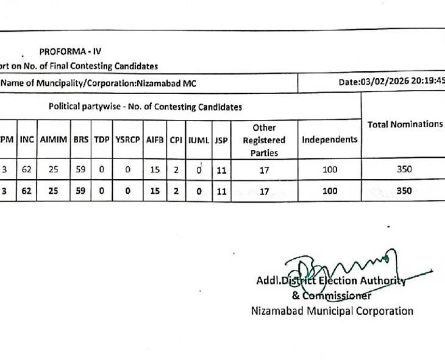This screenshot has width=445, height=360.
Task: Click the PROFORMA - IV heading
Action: (x=71, y=52)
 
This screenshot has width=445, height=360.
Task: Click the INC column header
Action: (x=26, y=139)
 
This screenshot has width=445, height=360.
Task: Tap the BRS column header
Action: (x=81, y=139)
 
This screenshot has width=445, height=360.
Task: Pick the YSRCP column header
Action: (x=127, y=139)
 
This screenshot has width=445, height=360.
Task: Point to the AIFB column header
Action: (x=155, y=139)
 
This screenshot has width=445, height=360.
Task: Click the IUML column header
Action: (x=199, y=139)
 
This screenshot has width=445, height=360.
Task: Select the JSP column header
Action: (x=221, y=139)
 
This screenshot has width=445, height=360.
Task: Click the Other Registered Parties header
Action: (x=264, y=140)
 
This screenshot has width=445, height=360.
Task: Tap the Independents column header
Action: (x=329, y=139)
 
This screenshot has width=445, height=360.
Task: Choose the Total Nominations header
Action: (x=405, y=124)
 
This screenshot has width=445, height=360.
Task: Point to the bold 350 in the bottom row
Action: (x=404, y=191)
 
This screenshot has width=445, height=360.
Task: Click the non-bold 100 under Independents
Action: (x=330, y=171)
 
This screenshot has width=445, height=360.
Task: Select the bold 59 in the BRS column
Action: (x=81, y=191)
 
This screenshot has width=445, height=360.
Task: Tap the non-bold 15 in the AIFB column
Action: (x=155, y=171)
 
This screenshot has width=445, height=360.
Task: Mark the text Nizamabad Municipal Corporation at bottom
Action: (x=332, y=311)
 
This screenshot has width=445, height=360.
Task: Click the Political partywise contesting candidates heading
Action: (x=145, y=107)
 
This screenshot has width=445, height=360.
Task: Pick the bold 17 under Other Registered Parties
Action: (x=264, y=191)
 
